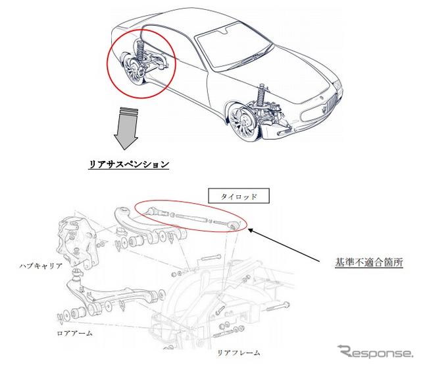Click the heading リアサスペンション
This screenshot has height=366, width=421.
129,164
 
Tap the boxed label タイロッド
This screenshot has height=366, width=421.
239,196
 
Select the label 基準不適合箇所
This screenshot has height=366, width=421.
369,262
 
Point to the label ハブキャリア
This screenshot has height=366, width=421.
41,266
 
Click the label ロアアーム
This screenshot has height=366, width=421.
74,333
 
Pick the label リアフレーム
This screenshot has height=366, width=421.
238,352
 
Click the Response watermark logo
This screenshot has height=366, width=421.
375,351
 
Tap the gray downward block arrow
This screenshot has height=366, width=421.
126,129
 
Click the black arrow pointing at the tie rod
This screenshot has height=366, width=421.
285,245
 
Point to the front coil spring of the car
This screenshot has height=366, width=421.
260,96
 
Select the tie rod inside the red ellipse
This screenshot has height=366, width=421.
191,218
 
